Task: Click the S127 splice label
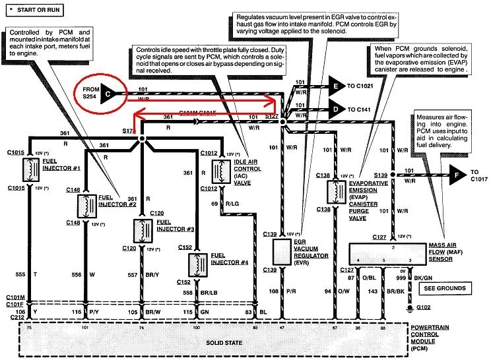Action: [272, 116]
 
